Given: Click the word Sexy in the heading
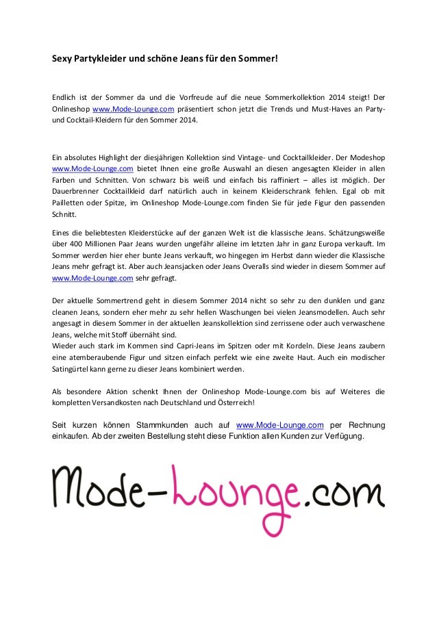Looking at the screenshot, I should (x=62, y=59).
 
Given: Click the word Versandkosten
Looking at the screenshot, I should (x=126, y=402).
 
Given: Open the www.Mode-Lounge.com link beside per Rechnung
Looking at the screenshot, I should (x=279, y=425).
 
